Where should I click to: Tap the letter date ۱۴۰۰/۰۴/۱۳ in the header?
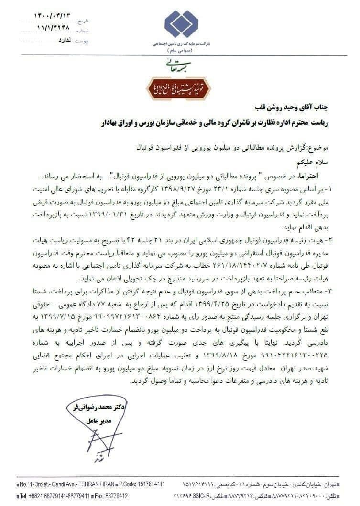point(53,15)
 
